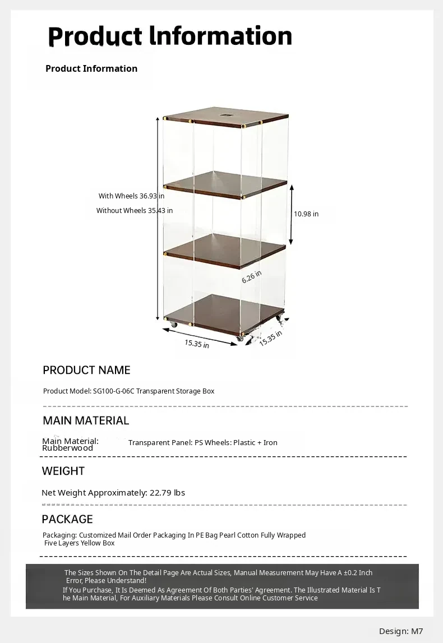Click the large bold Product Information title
pyautogui.click(x=170, y=36)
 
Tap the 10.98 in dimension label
pyautogui.click(x=306, y=214)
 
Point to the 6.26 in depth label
pyautogui.click(x=252, y=276)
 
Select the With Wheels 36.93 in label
pyautogui.click(x=131, y=196)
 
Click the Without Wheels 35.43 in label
pyautogui.click(x=134, y=211)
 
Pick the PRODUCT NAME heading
pyautogui.click(x=86, y=370)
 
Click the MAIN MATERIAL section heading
pyautogui.click(x=86, y=420)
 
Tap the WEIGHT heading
pyautogui.click(x=63, y=471)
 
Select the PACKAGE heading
pyautogui.click(x=67, y=519)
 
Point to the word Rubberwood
pyautogui.click(x=67, y=448)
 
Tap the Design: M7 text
pyautogui.click(x=401, y=631)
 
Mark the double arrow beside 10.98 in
pyautogui.click(x=291, y=213)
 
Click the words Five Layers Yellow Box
pyautogui.click(x=80, y=543)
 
